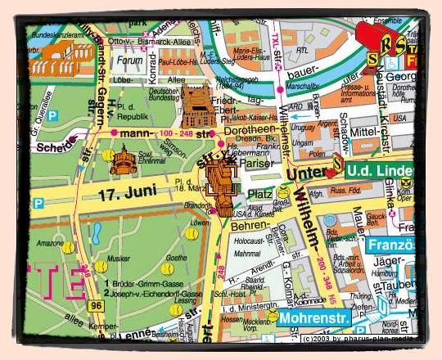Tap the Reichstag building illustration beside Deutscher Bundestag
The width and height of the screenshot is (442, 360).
(196, 105)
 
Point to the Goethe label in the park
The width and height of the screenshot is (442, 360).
(174, 257)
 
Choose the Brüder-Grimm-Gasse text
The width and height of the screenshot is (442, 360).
(156, 282)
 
